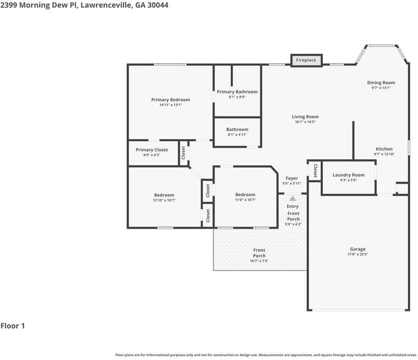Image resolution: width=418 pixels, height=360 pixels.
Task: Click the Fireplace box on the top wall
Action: click(306, 60)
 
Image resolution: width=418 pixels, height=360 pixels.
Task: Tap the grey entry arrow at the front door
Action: click(293, 198)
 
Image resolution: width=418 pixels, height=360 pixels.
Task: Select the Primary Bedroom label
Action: click(170, 99)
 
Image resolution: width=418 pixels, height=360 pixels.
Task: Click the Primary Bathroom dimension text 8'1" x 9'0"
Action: click(237, 97)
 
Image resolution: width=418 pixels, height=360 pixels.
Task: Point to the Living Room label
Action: click(305, 117)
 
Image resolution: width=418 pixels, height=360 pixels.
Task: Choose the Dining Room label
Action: click(381, 82)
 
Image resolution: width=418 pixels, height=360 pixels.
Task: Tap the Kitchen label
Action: click(384, 149)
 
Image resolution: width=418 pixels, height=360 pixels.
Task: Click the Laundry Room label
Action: click(348, 175)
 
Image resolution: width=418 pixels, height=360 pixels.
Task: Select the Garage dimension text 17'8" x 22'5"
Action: click(358, 254)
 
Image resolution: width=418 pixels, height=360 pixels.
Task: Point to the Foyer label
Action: click(291, 178)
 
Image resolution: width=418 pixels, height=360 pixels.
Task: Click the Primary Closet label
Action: click(152, 149)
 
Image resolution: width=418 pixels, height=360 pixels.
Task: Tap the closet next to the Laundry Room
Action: click(315, 171)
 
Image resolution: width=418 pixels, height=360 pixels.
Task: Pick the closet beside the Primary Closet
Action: click(183, 153)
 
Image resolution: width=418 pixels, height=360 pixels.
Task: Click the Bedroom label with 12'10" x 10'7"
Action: click(164, 195)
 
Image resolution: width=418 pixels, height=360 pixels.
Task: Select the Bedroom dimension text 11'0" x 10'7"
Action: click(245, 200)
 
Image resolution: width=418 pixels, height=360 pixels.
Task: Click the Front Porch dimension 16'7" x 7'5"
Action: click(259, 261)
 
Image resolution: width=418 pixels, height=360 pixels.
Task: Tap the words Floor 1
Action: click(13, 326)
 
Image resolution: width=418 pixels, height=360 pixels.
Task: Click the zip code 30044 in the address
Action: click(158, 5)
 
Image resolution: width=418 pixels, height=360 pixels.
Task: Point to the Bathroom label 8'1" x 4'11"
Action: click(237, 129)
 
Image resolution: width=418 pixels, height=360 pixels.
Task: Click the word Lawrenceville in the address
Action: click(106, 5)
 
